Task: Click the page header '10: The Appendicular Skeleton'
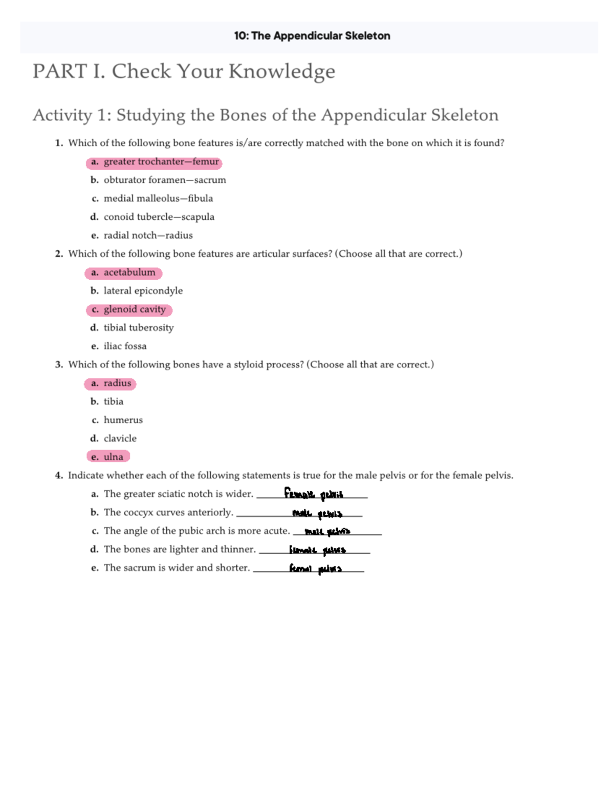[x=312, y=36]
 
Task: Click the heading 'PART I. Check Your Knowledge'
[x=184, y=71]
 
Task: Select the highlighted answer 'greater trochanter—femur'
[x=154, y=162]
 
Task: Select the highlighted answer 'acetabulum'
[x=123, y=273]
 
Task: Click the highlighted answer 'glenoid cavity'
[x=129, y=309]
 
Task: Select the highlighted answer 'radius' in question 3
[x=111, y=383]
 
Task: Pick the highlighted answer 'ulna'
[x=108, y=457]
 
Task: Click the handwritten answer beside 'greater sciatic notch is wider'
[x=314, y=494]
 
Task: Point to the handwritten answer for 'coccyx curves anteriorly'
[x=317, y=513]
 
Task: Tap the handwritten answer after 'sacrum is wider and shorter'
[x=315, y=569]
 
